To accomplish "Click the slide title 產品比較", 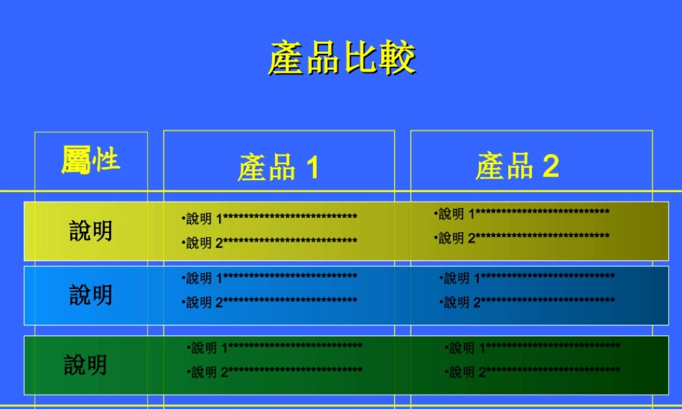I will click(342, 59).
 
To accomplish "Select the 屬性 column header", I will click(91, 161).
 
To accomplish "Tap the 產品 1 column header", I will click(278, 168).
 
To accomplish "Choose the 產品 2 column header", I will click(517, 166).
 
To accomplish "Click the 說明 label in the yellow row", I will click(91, 231).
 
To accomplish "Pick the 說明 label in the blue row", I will click(91, 295).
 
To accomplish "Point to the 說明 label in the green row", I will click(86, 365).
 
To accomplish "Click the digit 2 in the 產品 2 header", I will click(550, 166).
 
